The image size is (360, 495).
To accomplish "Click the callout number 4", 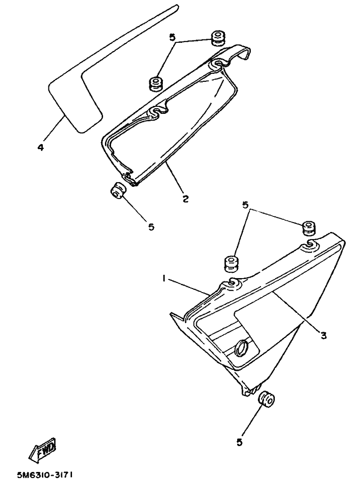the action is (40, 147).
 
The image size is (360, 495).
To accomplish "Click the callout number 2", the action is (185, 199).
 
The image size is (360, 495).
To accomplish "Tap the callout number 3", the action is (323, 335).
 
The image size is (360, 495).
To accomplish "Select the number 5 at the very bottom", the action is (240, 442).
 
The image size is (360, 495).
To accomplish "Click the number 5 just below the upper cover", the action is (151, 227).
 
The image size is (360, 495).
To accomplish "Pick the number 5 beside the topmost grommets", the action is (172, 38).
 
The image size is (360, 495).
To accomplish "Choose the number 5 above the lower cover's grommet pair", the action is (246, 205).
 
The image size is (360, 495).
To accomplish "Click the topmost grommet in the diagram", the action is (217, 37).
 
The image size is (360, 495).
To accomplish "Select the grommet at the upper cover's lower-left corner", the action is (118, 191).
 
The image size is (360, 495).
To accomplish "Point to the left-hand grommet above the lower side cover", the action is (231, 263).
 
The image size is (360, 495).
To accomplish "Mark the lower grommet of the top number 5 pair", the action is (156, 83).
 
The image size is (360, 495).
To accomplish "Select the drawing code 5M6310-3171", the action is (45, 475).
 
